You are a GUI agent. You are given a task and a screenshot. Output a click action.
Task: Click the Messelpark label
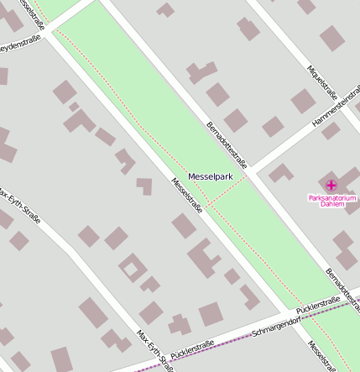click(x=210, y=176)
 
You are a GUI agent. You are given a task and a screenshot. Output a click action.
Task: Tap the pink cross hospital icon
click(x=331, y=185)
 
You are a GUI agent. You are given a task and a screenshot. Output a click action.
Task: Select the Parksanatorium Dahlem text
click(x=332, y=201)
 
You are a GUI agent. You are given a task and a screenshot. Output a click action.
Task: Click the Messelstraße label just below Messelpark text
click(x=187, y=196)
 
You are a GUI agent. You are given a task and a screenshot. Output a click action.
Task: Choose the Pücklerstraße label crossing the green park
click(x=319, y=306)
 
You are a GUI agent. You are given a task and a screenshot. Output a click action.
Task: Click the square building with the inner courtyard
click(x=132, y=270)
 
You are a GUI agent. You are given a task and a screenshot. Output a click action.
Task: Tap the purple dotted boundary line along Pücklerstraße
click(x=252, y=336)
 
